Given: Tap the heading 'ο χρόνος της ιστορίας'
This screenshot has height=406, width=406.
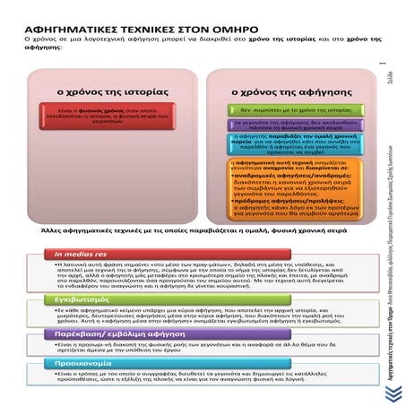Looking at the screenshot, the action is (96, 91).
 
